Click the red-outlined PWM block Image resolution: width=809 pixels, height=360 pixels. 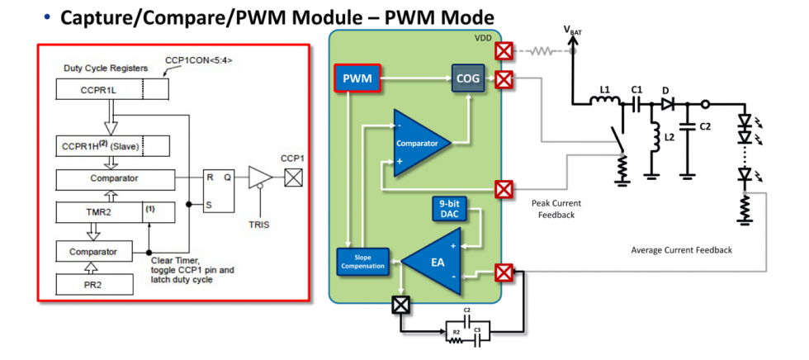point(357,78)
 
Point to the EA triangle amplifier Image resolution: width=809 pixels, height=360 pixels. point(436,262)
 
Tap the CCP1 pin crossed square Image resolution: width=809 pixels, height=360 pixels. point(291,176)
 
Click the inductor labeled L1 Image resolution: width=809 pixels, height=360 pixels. point(604,102)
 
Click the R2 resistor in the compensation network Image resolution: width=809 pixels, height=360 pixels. point(454,334)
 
